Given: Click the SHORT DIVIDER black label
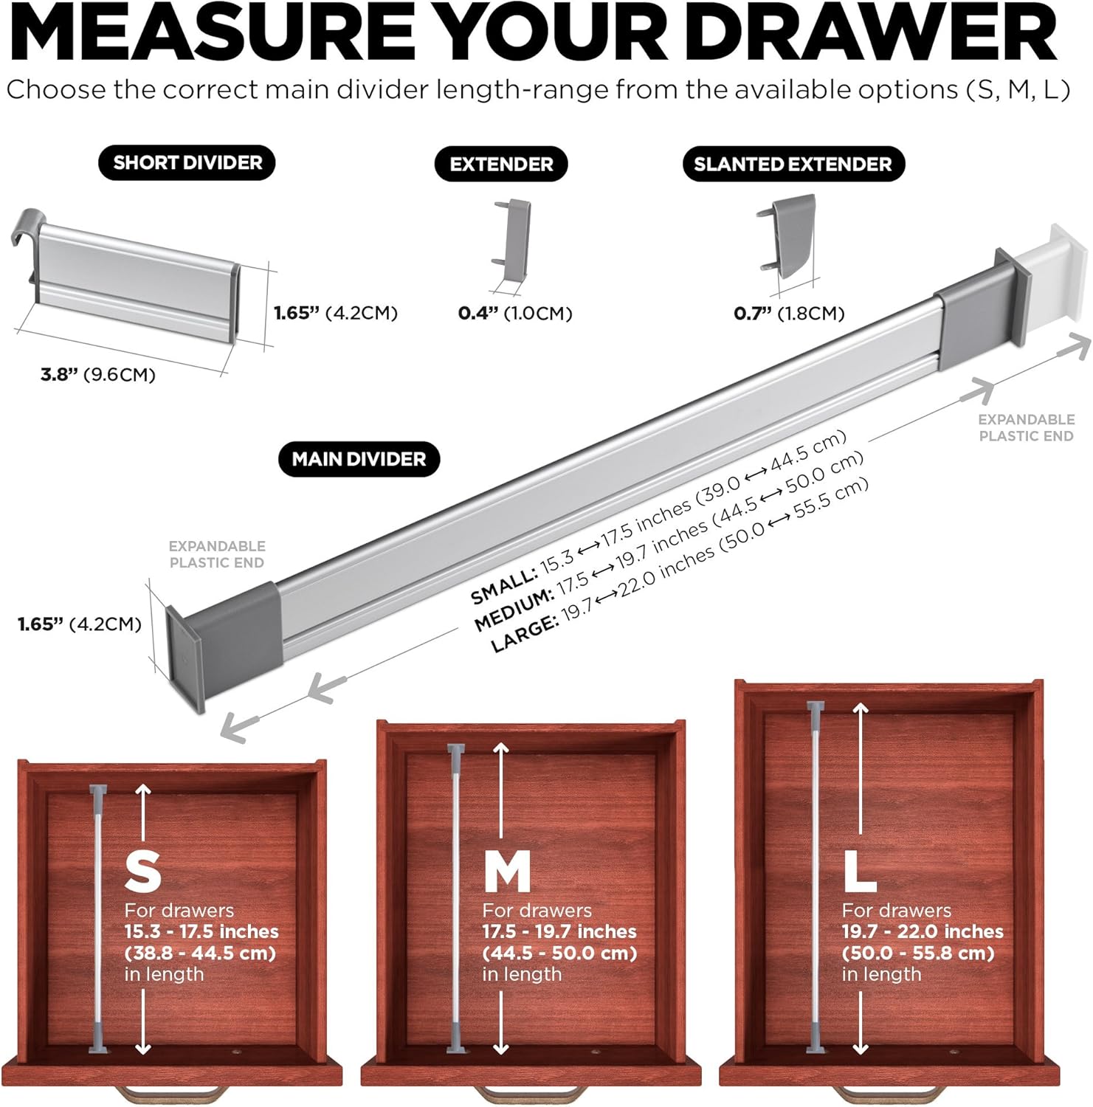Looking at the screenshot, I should [187, 163].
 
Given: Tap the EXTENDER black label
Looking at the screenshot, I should [501, 164].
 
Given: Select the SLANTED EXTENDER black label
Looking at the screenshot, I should [793, 164].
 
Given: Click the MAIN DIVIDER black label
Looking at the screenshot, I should [359, 459].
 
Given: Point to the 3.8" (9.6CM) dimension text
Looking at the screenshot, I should [98, 375].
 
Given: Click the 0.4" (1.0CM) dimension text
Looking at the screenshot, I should [515, 314].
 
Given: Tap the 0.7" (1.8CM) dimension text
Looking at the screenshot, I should [789, 314].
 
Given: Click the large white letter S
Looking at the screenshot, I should [143, 872].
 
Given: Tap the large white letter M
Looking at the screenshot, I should [507, 872].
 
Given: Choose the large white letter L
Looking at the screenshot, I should [859, 872].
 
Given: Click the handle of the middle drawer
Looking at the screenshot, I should [525, 1094].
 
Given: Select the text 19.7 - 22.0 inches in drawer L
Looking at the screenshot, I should [923, 932].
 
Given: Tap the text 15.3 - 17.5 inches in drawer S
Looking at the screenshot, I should [201, 932].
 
